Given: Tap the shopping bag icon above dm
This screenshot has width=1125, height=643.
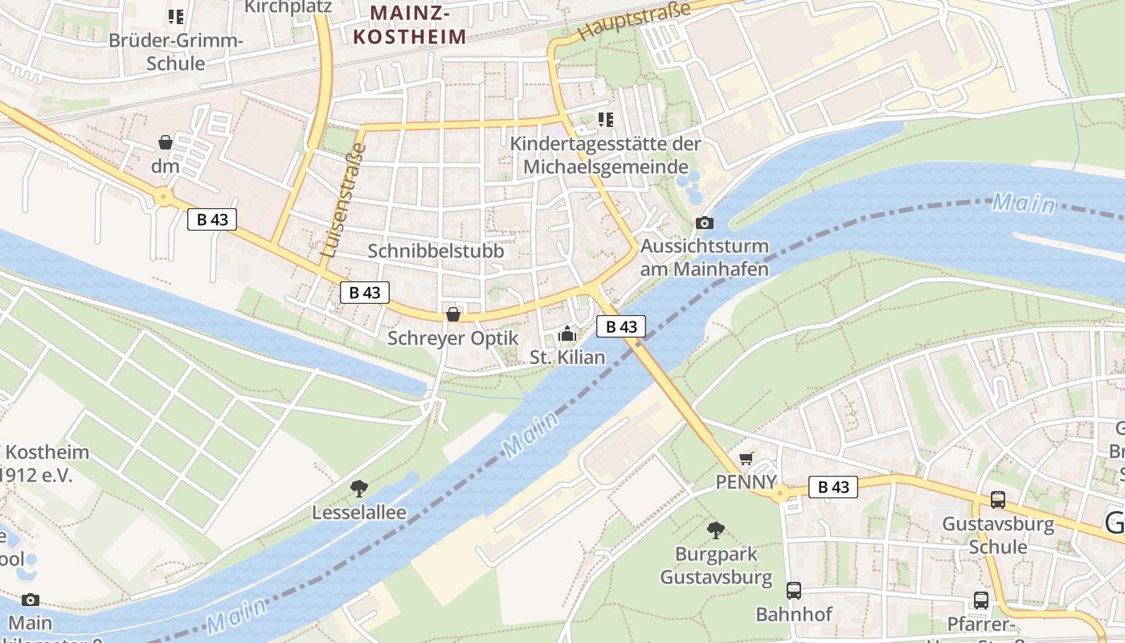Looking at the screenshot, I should coord(166,142).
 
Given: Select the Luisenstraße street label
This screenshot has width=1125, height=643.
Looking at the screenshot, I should coord(342,202).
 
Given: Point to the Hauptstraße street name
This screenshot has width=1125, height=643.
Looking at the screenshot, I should coord(634,23).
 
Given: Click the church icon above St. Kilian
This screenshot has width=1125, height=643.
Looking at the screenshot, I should coord(567,332).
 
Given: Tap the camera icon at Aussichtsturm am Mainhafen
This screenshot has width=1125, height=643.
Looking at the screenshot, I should coord(704,223).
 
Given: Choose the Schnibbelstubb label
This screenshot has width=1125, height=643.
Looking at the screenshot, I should coord(436,251).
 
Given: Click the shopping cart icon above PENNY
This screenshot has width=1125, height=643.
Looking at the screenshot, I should coord(747,458).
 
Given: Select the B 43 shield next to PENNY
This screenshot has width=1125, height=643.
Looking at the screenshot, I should coord(833,486).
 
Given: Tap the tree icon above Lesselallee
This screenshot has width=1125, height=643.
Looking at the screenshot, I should coord(359,487).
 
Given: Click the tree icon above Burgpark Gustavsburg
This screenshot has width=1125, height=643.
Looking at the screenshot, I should coord(715,530).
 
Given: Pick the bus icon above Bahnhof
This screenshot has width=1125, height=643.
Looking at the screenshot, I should coord(794,591).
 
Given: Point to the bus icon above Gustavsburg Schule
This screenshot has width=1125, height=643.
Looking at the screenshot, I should coord(997,500).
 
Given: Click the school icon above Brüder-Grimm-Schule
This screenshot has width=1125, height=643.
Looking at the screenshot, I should coord(175,16).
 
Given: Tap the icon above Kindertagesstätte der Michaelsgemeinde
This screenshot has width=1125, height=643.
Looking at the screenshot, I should coord(606,120).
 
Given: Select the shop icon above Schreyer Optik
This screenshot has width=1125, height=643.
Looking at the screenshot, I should coord(453,314).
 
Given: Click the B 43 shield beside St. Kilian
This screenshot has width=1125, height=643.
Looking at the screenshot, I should coord(621,326).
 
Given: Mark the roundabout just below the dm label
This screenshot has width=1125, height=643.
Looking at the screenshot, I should coord(164,196).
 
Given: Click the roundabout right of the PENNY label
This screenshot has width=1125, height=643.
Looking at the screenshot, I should coord(779,494).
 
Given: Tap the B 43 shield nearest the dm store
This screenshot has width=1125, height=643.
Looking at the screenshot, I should coord(212,219).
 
